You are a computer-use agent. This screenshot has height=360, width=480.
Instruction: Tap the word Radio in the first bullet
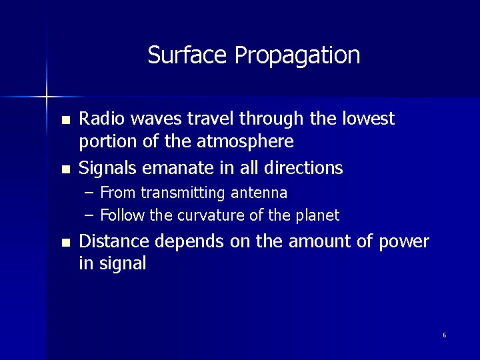pyautogui.click(x=100, y=119)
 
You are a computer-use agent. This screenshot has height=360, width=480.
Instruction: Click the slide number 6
pyautogui.click(x=444, y=335)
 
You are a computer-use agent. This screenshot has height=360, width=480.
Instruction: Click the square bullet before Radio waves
pyautogui.click(x=64, y=121)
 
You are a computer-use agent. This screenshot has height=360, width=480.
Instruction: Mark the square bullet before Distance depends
pyautogui.click(x=64, y=242)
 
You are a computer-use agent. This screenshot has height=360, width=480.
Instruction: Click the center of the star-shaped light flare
pyautogui.click(x=46, y=97)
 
